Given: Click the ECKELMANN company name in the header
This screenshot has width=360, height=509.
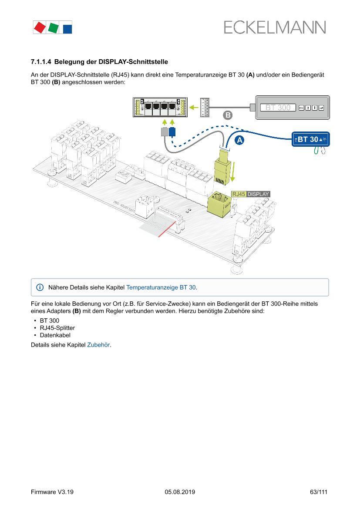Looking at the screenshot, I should click(x=275, y=27).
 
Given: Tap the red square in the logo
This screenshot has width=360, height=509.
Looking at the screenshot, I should click(x=40, y=27).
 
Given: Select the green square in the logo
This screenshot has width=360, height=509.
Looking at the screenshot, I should click(x=54, y=28).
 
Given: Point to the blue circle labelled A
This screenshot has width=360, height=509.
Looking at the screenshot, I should click(x=239, y=140).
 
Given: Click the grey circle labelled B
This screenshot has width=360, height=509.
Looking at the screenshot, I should click(x=228, y=115).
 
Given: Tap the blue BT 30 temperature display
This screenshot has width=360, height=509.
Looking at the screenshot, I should click(x=310, y=139).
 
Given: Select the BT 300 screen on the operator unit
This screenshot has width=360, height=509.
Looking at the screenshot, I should click(x=278, y=108).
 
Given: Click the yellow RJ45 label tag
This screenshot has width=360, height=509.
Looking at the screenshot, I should click(x=239, y=194).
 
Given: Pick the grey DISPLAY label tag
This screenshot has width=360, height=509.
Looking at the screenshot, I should click(x=258, y=194).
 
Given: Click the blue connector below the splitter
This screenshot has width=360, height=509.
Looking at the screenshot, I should click(x=172, y=132).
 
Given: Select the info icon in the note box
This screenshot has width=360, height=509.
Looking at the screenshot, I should click(x=40, y=287).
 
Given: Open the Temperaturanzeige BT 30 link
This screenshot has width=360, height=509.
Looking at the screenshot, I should click(x=161, y=287).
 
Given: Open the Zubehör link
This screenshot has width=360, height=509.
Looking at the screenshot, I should click(x=98, y=345).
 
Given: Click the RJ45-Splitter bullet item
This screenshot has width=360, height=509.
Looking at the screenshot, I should click(x=57, y=328).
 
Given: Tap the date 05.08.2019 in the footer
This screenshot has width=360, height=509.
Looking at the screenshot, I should click(x=180, y=492).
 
